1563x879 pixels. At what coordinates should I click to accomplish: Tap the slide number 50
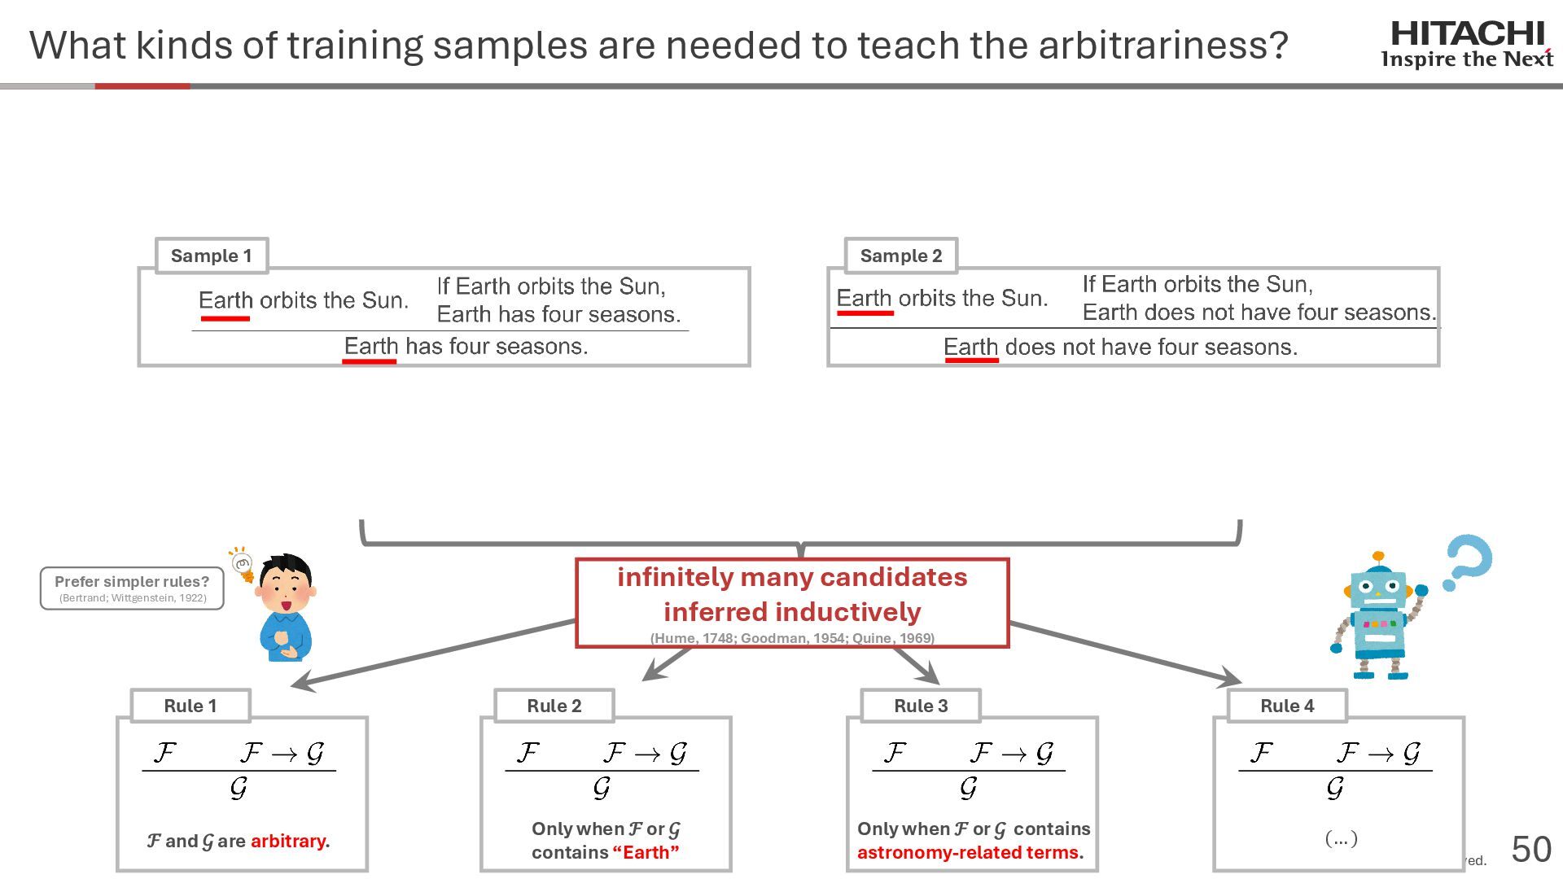coord(1531,850)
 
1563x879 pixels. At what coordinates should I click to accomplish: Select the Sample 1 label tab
coord(211,256)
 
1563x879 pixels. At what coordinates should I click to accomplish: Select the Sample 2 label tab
coord(900,256)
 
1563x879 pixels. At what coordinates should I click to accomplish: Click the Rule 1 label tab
coord(190,706)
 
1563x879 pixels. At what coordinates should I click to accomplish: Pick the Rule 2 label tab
coord(554,706)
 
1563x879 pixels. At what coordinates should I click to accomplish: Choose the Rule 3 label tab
coord(921,706)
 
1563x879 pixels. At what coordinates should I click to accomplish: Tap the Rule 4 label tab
coord(1287,706)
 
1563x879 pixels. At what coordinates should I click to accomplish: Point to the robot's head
coord(1378,586)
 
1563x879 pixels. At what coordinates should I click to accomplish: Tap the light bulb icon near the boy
coord(242,563)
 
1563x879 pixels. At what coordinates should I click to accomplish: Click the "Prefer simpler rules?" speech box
coord(132,588)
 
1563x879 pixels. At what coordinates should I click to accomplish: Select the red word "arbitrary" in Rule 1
coord(288,841)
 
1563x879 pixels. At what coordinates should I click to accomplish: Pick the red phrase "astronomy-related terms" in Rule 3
coord(967,852)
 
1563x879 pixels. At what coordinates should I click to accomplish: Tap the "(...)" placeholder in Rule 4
coord(1341,837)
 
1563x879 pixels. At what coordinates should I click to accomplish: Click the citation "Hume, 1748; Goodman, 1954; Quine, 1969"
coord(792,638)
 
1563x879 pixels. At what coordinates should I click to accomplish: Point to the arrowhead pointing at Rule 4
coord(1231,677)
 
